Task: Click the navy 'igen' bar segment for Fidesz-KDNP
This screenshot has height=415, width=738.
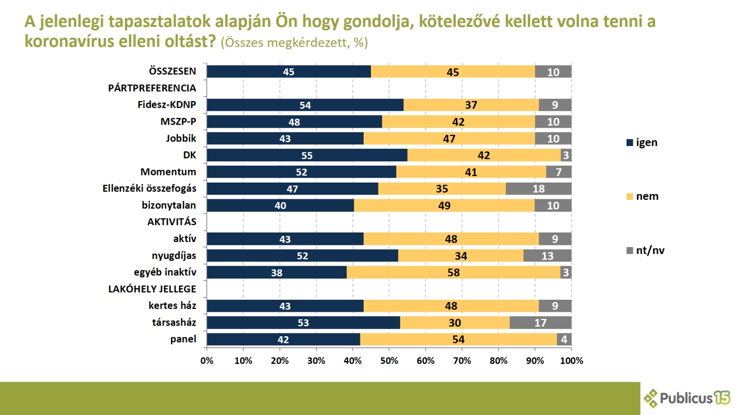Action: click(x=305, y=105)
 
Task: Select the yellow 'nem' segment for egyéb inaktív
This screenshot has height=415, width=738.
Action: click(x=453, y=272)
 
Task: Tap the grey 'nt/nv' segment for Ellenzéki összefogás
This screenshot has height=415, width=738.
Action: click(x=538, y=189)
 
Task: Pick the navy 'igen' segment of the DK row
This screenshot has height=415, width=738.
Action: click(x=307, y=155)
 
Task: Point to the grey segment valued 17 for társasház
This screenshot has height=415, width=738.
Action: click(x=540, y=323)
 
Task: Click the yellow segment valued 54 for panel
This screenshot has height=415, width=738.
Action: click(x=458, y=339)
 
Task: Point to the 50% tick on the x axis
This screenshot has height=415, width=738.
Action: click(x=389, y=361)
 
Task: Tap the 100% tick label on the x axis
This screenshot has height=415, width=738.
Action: click(x=571, y=361)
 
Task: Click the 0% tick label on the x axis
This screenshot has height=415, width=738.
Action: click(x=207, y=361)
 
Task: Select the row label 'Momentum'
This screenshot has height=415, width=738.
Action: click(x=168, y=172)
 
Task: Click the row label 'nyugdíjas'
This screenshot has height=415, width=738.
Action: click(x=174, y=256)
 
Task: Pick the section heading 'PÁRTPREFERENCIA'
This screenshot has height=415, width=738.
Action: click(x=152, y=88)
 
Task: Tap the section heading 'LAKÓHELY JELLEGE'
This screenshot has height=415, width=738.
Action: click(x=152, y=289)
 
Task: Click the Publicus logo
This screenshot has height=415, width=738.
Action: click(x=687, y=398)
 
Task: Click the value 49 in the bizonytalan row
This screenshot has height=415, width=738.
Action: click(x=444, y=206)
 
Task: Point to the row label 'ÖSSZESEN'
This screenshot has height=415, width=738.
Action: click(x=172, y=72)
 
